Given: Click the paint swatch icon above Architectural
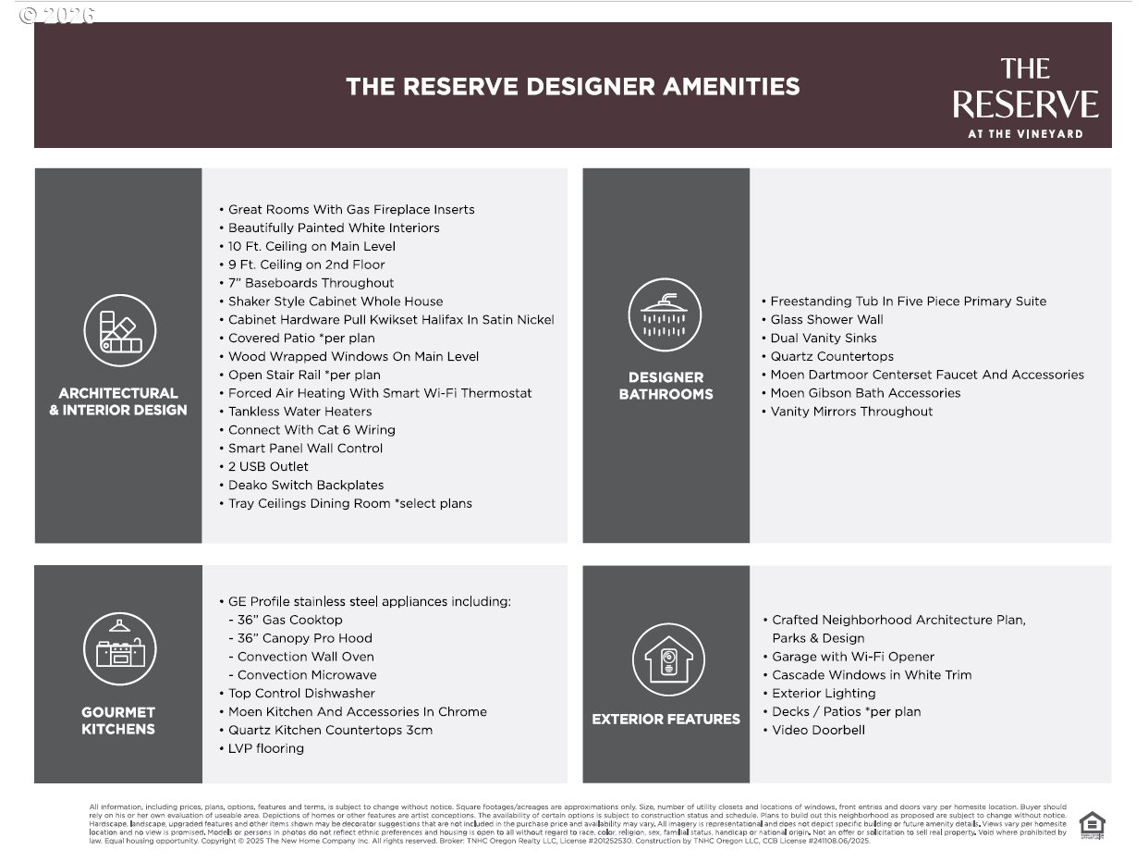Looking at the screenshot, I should (x=119, y=330).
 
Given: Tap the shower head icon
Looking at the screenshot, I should (x=665, y=314).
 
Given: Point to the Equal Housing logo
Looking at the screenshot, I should (x=1092, y=824).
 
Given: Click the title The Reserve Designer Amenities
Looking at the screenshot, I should (x=572, y=87).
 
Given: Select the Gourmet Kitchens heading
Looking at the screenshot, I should (x=118, y=720).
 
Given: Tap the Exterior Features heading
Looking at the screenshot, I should (x=666, y=719).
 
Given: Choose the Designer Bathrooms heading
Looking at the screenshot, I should (x=666, y=386).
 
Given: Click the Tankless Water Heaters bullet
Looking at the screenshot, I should (x=299, y=412).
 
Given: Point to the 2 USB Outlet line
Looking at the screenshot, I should (x=268, y=467).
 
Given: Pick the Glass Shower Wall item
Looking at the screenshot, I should (x=826, y=320).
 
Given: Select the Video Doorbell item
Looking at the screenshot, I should (x=818, y=731).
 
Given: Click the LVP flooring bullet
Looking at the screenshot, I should (x=265, y=748).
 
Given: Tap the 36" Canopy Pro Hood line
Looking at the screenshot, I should (x=304, y=638).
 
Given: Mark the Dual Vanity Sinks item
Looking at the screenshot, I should (x=824, y=339).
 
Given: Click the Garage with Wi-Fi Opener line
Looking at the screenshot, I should (x=852, y=657).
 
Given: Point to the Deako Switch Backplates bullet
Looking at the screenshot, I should (x=305, y=486).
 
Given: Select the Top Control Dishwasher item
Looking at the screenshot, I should (x=301, y=694).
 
